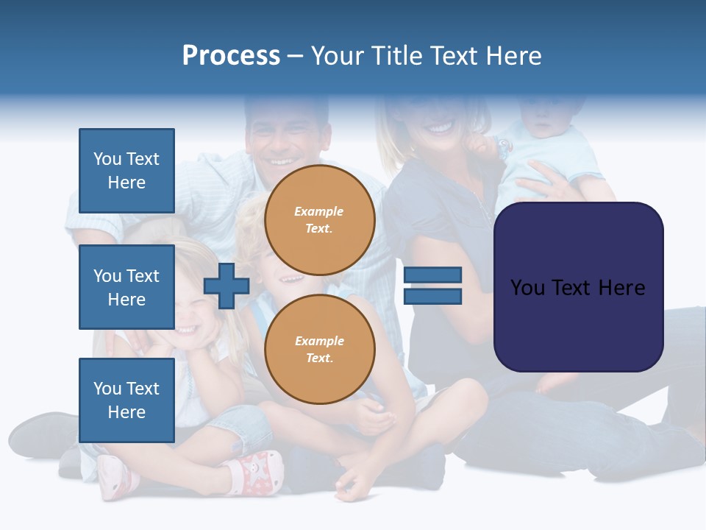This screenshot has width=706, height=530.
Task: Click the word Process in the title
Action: (x=231, y=56)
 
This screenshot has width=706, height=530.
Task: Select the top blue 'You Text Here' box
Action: (x=126, y=171)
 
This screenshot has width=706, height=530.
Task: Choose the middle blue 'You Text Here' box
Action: (x=126, y=287)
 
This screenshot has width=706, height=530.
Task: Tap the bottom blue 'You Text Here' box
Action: (x=126, y=400)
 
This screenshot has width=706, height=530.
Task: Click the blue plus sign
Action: (x=227, y=286)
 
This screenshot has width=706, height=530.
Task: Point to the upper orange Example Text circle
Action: (x=319, y=220)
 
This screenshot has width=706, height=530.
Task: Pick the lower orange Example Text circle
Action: (x=319, y=349)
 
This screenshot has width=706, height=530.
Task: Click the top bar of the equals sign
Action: (x=432, y=275)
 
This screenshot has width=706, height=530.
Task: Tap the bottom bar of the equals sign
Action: (x=432, y=296)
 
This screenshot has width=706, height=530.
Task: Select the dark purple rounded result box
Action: (x=578, y=287)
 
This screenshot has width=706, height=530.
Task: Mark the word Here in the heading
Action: (x=510, y=56)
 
